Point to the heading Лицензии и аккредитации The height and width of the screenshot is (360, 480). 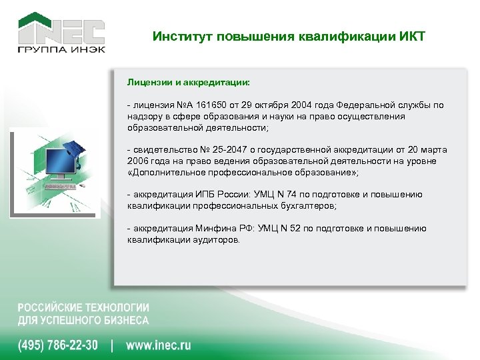tap(189, 84)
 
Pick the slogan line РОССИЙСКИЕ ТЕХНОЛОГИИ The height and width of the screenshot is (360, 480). tap(83, 307)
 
